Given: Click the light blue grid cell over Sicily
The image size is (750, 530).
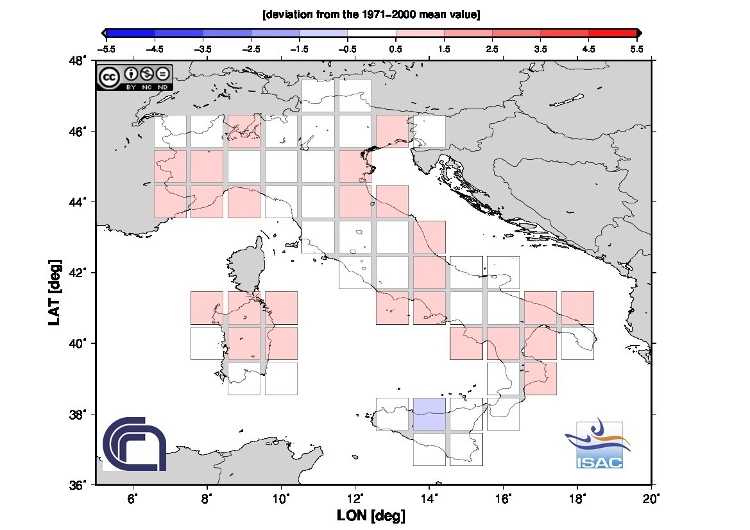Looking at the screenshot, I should [429, 414].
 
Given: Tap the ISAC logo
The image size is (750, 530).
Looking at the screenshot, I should [599, 445].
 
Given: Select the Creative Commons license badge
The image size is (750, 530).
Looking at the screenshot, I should [135, 77].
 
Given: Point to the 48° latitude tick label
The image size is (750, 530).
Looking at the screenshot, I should [79, 61].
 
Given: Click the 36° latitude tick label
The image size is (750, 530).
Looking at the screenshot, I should [79, 485].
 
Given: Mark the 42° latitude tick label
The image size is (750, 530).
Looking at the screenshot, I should [79, 273].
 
